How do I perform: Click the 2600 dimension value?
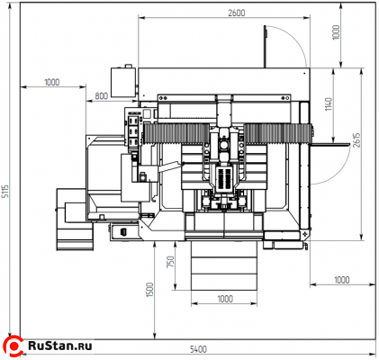coord(237,13)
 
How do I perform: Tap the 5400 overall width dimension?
coord(198,349)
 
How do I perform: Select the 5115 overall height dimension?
coord(5,192)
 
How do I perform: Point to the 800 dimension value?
coord(102,96)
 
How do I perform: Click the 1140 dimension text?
coord(329,103)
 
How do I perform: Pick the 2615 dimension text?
coord(356,139)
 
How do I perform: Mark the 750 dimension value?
coord(170,262)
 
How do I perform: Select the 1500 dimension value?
coord(149,290)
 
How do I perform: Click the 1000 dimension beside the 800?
coord(52,82)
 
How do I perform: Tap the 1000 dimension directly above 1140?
coord(336,32)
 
